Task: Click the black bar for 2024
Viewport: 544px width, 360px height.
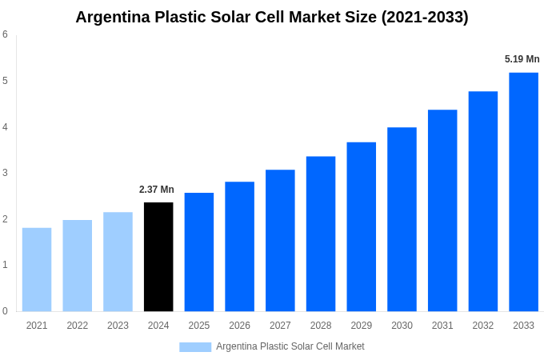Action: [158, 257]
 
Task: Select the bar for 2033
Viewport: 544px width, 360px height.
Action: [523, 192]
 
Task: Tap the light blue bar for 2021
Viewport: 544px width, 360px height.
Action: [37, 270]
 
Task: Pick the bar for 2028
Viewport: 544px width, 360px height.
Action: [321, 234]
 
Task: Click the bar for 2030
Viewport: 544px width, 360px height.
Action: [402, 219]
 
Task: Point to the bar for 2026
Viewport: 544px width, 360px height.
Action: [239, 246]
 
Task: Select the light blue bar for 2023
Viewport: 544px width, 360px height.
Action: [118, 262]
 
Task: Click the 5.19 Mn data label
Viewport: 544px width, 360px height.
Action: [522, 59]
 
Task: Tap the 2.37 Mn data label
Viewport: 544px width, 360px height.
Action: [157, 190]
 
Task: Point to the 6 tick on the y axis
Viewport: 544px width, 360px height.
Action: [5, 34]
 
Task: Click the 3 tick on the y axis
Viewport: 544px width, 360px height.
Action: [5, 173]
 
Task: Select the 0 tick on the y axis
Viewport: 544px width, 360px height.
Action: [5, 311]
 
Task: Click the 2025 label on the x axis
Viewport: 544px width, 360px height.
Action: [199, 326]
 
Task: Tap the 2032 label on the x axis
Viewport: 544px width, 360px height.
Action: [483, 326]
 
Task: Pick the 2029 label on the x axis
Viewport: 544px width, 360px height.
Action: [362, 326]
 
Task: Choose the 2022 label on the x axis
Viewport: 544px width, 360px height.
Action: [78, 326]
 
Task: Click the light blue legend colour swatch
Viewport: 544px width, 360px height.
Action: [195, 347]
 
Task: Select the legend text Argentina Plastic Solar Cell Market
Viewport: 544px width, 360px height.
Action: [290, 346]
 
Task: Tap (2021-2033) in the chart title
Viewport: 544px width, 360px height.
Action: [425, 17]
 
